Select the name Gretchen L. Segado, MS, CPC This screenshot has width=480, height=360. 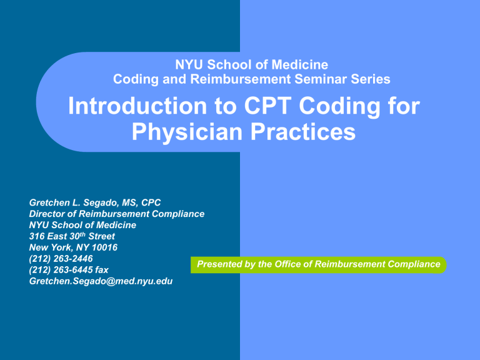click(x=95, y=202)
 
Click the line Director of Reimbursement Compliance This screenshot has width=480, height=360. click(x=117, y=214)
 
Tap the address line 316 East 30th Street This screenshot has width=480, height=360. click(x=72, y=236)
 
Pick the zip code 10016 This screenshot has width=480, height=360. click(x=102, y=247)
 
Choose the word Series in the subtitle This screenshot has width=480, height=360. click(x=372, y=79)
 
